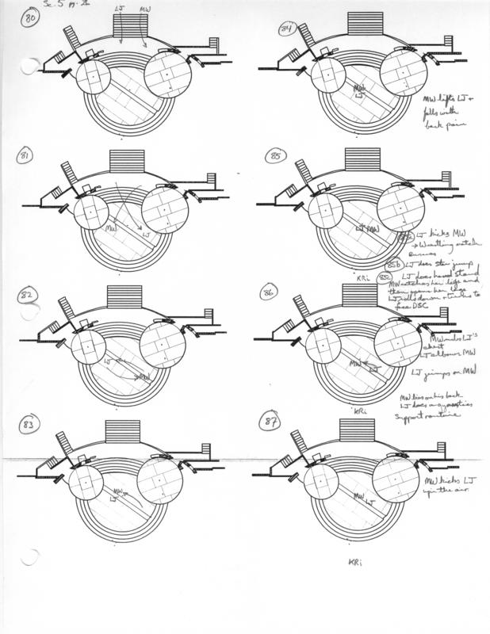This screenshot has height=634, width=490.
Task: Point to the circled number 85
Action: (276, 156)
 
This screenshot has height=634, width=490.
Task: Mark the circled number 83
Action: (29, 426)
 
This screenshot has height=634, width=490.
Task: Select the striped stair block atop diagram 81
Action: (123, 160)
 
